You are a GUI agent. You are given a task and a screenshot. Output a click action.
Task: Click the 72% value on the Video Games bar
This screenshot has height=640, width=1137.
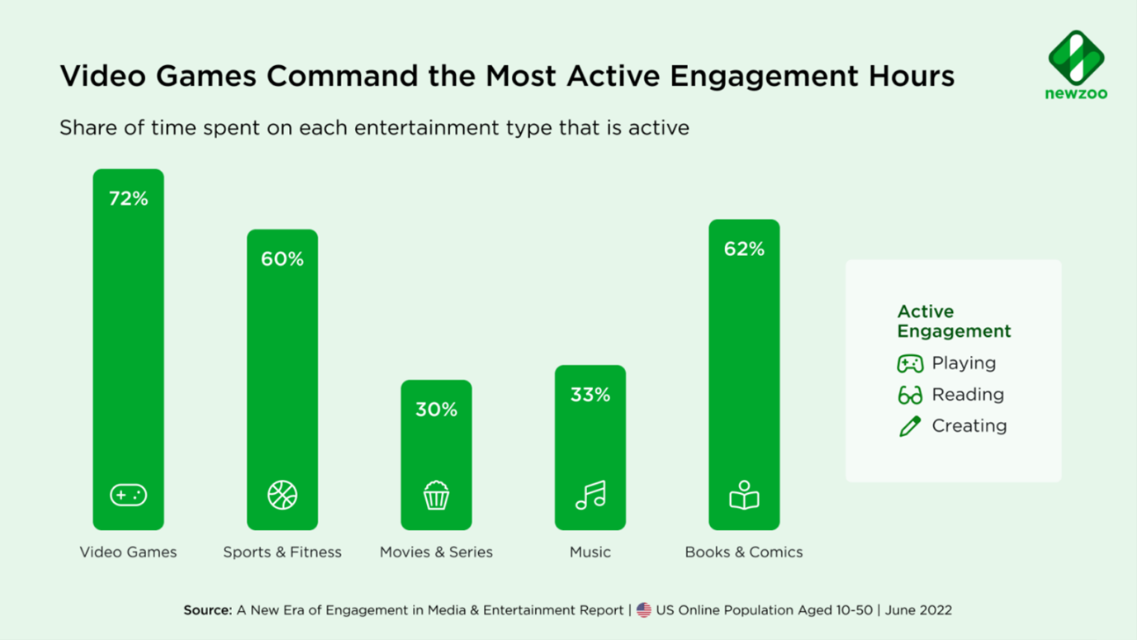(x=128, y=199)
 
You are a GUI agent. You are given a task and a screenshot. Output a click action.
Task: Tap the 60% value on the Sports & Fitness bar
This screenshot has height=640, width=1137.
(x=282, y=259)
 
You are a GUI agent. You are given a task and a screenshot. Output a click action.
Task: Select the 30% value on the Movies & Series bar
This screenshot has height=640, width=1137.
(x=436, y=410)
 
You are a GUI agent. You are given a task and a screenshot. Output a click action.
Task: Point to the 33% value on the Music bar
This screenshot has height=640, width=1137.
(x=590, y=395)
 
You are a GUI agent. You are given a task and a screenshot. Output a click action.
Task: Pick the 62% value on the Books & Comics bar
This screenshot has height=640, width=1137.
(x=744, y=249)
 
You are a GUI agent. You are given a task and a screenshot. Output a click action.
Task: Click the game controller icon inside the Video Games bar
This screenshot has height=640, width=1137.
(x=128, y=495)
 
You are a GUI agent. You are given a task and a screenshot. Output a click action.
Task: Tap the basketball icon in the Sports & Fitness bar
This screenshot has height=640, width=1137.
(x=282, y=495)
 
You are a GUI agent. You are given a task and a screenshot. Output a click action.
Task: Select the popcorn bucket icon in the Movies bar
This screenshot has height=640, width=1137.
(x=436, y=495)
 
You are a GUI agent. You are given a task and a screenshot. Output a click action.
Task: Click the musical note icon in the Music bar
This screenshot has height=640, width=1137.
(x=590, y=495)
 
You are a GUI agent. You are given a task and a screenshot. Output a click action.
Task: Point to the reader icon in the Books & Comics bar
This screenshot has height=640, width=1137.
(x=744, y=495)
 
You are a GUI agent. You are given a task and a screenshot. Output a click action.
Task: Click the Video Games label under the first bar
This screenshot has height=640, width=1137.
(x=128, y=552)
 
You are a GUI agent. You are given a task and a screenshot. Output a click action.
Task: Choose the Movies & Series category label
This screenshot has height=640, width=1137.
(x=436, y=552)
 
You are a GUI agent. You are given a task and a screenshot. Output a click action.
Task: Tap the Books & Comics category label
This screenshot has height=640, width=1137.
(x=743, y=552)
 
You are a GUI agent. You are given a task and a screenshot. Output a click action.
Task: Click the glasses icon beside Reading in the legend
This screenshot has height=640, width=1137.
(x=910, y=396)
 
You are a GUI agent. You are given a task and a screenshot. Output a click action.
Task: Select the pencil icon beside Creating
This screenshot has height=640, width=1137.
(x=910, y=426)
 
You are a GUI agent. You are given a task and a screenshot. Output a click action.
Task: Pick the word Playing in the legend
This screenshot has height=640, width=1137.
(x=964, y=363)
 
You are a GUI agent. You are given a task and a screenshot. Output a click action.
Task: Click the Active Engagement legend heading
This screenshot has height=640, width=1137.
(x=954, y=321)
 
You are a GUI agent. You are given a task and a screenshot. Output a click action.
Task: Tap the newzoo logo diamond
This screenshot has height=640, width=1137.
(x=1076, y=57)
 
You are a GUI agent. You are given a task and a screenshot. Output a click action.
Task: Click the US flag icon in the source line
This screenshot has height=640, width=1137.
(x=644, y=610)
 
